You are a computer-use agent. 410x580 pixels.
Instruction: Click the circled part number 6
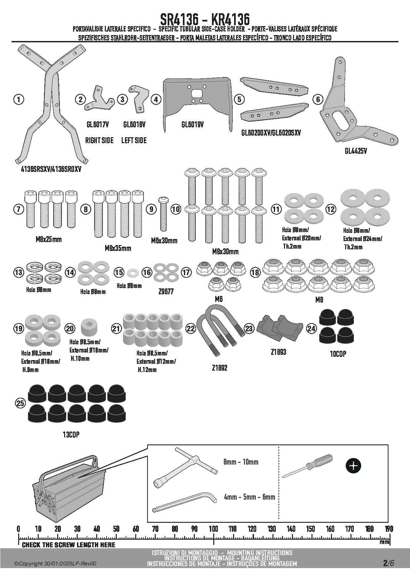318,99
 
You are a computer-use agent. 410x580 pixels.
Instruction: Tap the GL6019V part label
192,125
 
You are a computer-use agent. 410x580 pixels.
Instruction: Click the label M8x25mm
49,239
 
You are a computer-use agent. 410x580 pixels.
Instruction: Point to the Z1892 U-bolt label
220,368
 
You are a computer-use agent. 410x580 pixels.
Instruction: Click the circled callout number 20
70,328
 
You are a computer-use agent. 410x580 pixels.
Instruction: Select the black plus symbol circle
353,466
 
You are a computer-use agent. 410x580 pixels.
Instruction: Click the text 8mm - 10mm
241,462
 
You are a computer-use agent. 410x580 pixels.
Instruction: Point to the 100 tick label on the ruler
213,529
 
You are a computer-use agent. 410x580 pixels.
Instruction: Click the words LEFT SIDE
134,140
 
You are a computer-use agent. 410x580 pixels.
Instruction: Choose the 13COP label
71,435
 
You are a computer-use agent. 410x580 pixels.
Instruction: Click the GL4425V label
355,151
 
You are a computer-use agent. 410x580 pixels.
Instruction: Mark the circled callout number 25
20,403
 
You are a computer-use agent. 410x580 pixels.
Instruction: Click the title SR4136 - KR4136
205,19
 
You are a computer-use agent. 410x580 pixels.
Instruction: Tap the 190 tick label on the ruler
389,529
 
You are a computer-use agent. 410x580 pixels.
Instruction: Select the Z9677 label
166,292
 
